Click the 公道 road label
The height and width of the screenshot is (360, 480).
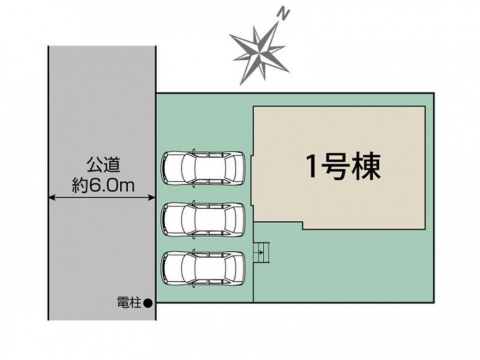(x=103, y=166)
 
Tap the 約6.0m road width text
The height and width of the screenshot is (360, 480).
(x=103, y=185)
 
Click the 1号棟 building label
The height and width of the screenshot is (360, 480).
(x=344, y=166)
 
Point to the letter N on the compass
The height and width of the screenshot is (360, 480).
(x=284, y=14)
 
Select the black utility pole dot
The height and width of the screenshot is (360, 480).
(x=148, y=303)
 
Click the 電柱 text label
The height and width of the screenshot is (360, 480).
(x=129, y=303)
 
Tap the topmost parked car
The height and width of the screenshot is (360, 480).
(x=203, y=167)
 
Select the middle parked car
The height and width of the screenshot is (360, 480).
(x=203, y=219)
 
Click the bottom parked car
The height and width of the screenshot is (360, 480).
(x=203, y=268)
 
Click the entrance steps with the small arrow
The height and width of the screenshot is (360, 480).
(x=261, y=252)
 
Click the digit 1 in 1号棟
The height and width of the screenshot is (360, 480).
(x=312, y=166)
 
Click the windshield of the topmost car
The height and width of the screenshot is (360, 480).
(x=188, y=167)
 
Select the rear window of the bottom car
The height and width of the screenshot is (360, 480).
(x=230, y=268)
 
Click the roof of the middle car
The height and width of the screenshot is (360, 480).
(x=210, y=219)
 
